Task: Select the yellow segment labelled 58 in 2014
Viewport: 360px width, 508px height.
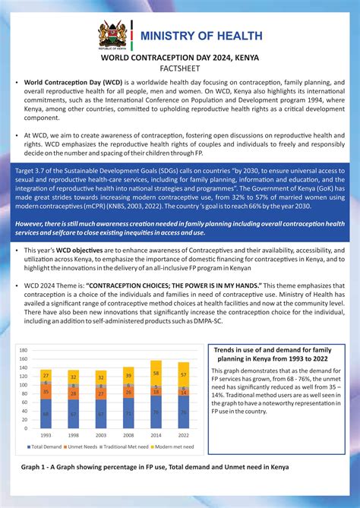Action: [156, 374]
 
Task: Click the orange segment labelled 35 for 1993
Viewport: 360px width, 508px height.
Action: [46, 392]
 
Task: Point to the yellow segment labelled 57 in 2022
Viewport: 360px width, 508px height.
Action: [183, 375]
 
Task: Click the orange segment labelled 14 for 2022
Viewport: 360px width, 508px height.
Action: [183, 393]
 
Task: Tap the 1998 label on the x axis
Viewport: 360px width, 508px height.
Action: [73, 435]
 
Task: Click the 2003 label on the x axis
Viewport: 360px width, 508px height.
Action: [101, 435]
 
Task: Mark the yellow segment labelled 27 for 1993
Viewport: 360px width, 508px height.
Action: [46, 375]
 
